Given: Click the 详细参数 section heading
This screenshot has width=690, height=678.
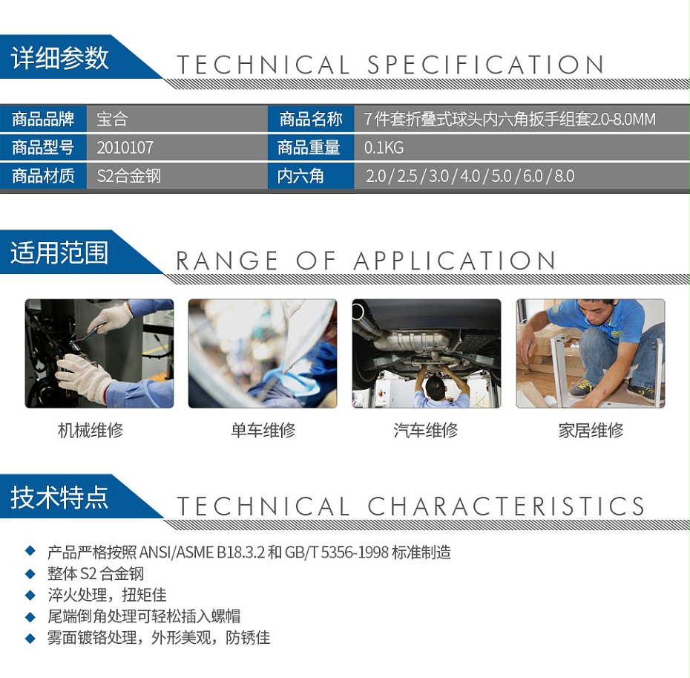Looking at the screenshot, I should [x=60, y=58].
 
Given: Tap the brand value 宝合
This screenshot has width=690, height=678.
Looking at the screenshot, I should [x=113, y=119].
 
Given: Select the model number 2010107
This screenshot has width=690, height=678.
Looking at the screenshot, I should [x=125, y=148].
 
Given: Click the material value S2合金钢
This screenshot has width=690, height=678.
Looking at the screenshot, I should [x=129, y=177].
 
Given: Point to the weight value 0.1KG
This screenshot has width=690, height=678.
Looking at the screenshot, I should [x=384, y=148].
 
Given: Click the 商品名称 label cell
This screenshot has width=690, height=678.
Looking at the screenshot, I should [x=311, y=119].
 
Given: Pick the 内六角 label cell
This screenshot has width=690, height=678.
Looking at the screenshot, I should [x=301, y=177].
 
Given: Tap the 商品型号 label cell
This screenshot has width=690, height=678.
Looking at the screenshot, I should [x=43, y=148].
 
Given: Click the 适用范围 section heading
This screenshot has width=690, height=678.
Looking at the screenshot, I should [x=59, y=253].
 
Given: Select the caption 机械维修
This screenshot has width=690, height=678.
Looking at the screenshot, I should [x=91, y=430].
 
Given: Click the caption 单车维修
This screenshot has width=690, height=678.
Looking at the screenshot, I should [x=263, y=430].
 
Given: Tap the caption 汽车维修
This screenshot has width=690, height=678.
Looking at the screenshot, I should [x=426, y=430].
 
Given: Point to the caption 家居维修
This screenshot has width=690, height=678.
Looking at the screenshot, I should [x=591, y=430].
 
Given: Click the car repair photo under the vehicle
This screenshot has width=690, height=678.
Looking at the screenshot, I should [x=426, y=353].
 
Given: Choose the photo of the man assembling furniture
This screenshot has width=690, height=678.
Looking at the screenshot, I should [x=591, y=353].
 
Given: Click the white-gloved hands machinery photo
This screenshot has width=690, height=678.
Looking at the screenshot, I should [x=99, y=353].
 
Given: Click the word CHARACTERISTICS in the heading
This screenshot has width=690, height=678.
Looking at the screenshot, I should [x=506, y=506].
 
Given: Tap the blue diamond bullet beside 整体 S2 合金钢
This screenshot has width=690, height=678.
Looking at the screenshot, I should [x=30, y=573].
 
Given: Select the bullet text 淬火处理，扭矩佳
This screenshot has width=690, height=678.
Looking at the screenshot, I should [x=107, y=595].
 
